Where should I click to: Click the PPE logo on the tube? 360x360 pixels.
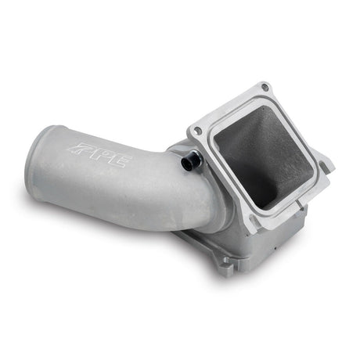point(102,154)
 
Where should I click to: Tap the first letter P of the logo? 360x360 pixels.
point(84,148)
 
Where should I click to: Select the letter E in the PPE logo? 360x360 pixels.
point(119,162)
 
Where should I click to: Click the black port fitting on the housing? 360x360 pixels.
point(191,161)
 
